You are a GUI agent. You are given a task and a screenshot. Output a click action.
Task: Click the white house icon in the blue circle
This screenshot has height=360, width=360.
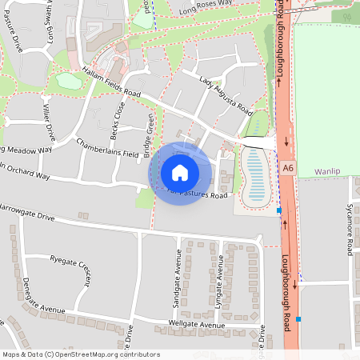pyautogui.click(x=180, y=172)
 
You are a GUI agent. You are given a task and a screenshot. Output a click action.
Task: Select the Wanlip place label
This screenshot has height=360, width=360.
pyautogui.click(x=327, y=171)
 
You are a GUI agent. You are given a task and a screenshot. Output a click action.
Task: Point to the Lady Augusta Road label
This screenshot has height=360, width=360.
pyautogui.click(x=226, y=95)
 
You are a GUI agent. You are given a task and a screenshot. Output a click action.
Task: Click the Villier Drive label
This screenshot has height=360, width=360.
pyautogui.click(x=47, y=121)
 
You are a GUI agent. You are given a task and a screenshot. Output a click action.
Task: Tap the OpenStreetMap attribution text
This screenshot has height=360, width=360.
pyautogui.click(x=81, y=354)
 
